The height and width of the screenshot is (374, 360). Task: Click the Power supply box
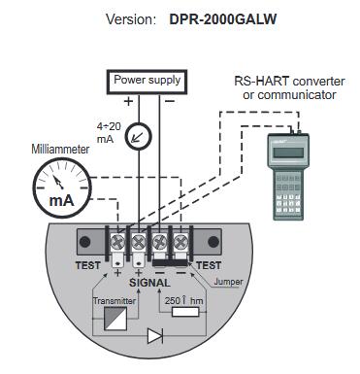coord(147,82)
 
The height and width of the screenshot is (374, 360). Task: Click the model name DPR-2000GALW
coord(223,19)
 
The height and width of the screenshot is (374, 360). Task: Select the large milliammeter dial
coord(62,188)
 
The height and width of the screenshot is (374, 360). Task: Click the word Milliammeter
coord(60,149)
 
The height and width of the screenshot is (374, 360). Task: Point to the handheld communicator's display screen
coord(288,153)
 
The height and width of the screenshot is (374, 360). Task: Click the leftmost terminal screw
coord(117,242)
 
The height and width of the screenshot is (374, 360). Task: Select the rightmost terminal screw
coord(180,242)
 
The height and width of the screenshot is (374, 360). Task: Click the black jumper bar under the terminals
coord(170,262)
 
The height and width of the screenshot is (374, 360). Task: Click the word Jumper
coord(228,282)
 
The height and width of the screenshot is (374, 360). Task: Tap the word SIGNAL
coord(149,283)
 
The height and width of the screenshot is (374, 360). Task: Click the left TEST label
coord(87,265)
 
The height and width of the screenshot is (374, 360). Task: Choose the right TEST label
coord(209,265)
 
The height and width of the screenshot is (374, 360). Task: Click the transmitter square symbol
coord(115,319)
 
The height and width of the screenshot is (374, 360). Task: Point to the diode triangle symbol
coord(154,336)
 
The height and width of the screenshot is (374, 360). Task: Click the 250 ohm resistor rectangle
coord(185,312)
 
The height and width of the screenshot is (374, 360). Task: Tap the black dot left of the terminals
coord(85,242)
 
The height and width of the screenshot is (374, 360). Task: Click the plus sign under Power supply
coord(129,101)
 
